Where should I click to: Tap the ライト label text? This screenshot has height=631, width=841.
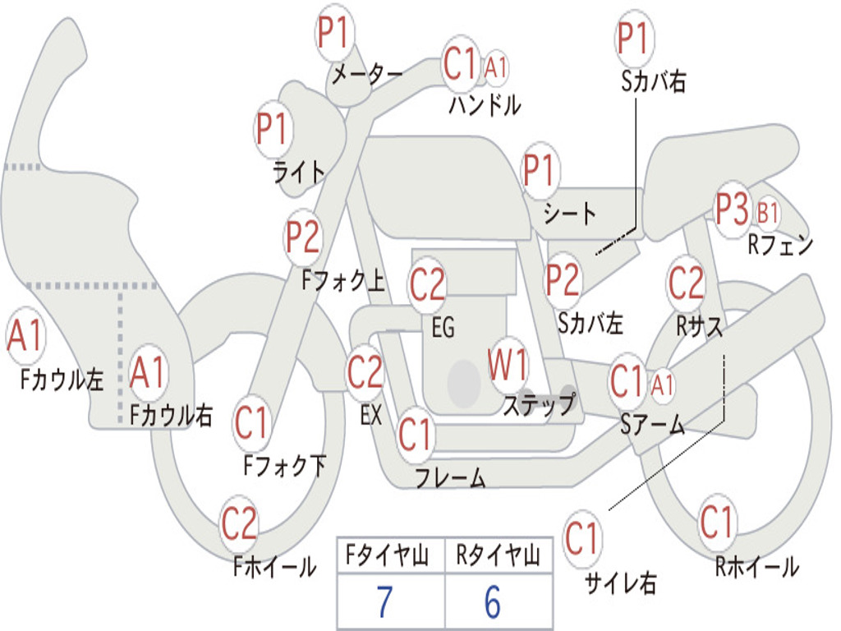[299, 171]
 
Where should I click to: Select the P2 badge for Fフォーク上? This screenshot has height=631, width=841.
[303, 237]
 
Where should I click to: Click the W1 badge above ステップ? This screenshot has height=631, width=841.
[509, 365]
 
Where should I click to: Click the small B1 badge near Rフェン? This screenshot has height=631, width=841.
[767, 214]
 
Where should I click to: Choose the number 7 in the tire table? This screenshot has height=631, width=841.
[384, 602]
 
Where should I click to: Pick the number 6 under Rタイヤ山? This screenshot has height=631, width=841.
[493, 602]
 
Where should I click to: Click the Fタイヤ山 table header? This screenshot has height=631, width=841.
[391, 557]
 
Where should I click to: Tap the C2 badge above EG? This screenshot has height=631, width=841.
[427, 285]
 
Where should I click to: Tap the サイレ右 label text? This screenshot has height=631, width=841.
[620, 583]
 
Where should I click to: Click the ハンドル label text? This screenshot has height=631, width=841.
[485, 104]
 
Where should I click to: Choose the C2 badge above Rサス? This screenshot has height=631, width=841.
[687, 283]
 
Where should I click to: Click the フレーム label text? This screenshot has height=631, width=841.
[450, 477]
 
